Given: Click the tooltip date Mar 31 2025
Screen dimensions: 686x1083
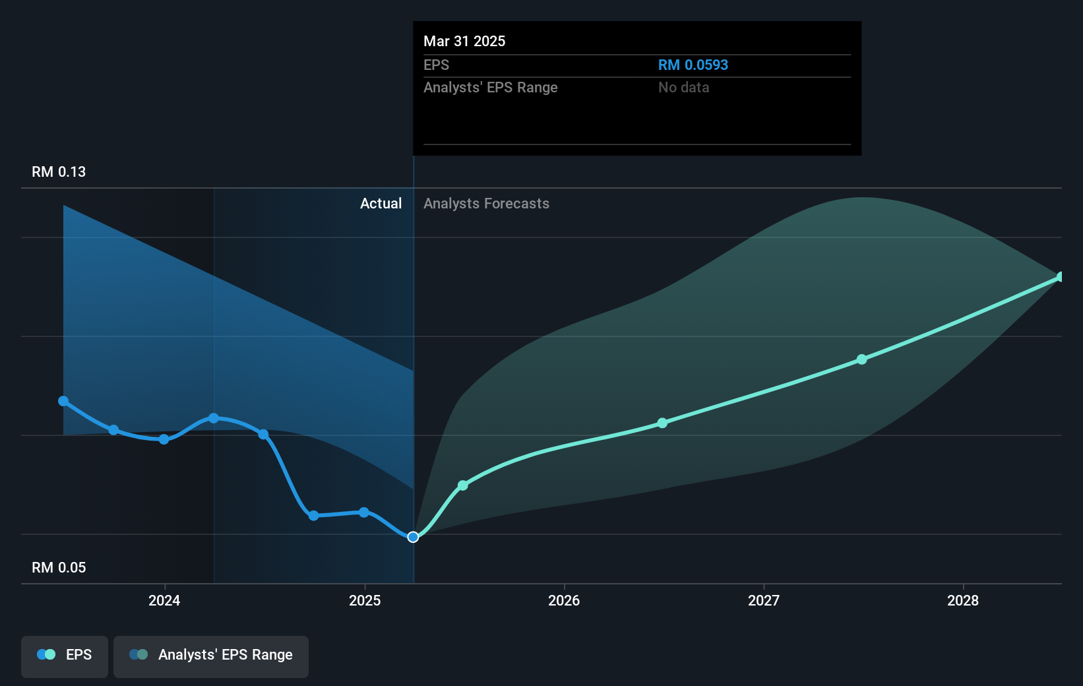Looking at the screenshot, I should pyautogui.click(x=464, y=41).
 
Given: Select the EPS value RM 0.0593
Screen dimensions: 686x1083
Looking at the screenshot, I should pyautogui.click(x=693, y=65).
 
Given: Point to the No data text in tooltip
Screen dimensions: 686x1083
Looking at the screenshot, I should pyautogui.click(x=683, y=87).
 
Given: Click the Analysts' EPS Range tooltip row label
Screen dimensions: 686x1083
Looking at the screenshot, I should pyautogui.click(x=490, y=87).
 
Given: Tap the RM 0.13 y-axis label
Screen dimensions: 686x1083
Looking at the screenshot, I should pyautogui.click(x=59, y=171).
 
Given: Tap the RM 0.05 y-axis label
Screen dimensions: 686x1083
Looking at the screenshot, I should pyautogui.click(x=59, y=567).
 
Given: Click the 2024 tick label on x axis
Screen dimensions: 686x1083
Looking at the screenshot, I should pyautogui.click(x=164, y=600).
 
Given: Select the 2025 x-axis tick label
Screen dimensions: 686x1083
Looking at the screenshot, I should pyautogui.click(x=365, y=600).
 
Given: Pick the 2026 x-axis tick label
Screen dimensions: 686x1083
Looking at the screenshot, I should pyautogui.click(x=564, y=600).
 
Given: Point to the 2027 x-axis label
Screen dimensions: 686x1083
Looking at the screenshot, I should pyautogui.click(x=763, y=600).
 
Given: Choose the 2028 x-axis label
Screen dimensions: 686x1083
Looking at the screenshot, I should pyautogui.click(x=962, y=600).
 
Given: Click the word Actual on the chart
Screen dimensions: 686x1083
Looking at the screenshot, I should pyautogui.click(x=381, y=203).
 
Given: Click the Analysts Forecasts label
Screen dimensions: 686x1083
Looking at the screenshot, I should pyautogui.click(x=486, y=203).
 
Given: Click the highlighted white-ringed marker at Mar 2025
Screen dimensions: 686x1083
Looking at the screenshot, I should pyautogui.click(x=413, y=537).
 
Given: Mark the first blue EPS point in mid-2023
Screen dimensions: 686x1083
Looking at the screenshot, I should pyautogui.click(x=63, y=401).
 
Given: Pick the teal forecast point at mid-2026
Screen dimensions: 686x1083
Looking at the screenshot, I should pyautogui.click(x=662, y=423).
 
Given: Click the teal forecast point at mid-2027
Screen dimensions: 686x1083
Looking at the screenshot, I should pyautogui.click(x=861, y=359).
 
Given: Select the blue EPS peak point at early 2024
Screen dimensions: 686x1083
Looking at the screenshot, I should pyautogui.click(x=214, y=418).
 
